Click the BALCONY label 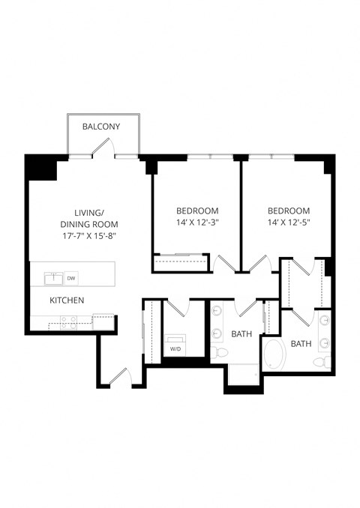pyautogui.click(x=101, y=127)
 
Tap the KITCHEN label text pyautogui.click(x=67, y=300)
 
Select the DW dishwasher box pyautogui.click(x=72, y=278)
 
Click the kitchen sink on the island pyautogui.click(x=52, y=279)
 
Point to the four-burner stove pyautogui.click(x=68, y=322)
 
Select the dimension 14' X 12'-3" pyautogui.click(x=197, y=223)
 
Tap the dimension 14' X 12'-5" pyautogui.click(x=289, y=223)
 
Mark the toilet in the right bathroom pyautogui.click(x=321, y=362)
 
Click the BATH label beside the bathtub pyautogui.click(x=301, y=344)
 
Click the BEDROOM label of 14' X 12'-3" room pyautogui.click(x=197, y=210)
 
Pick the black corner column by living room pyautogui.click(x=40, y=166)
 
